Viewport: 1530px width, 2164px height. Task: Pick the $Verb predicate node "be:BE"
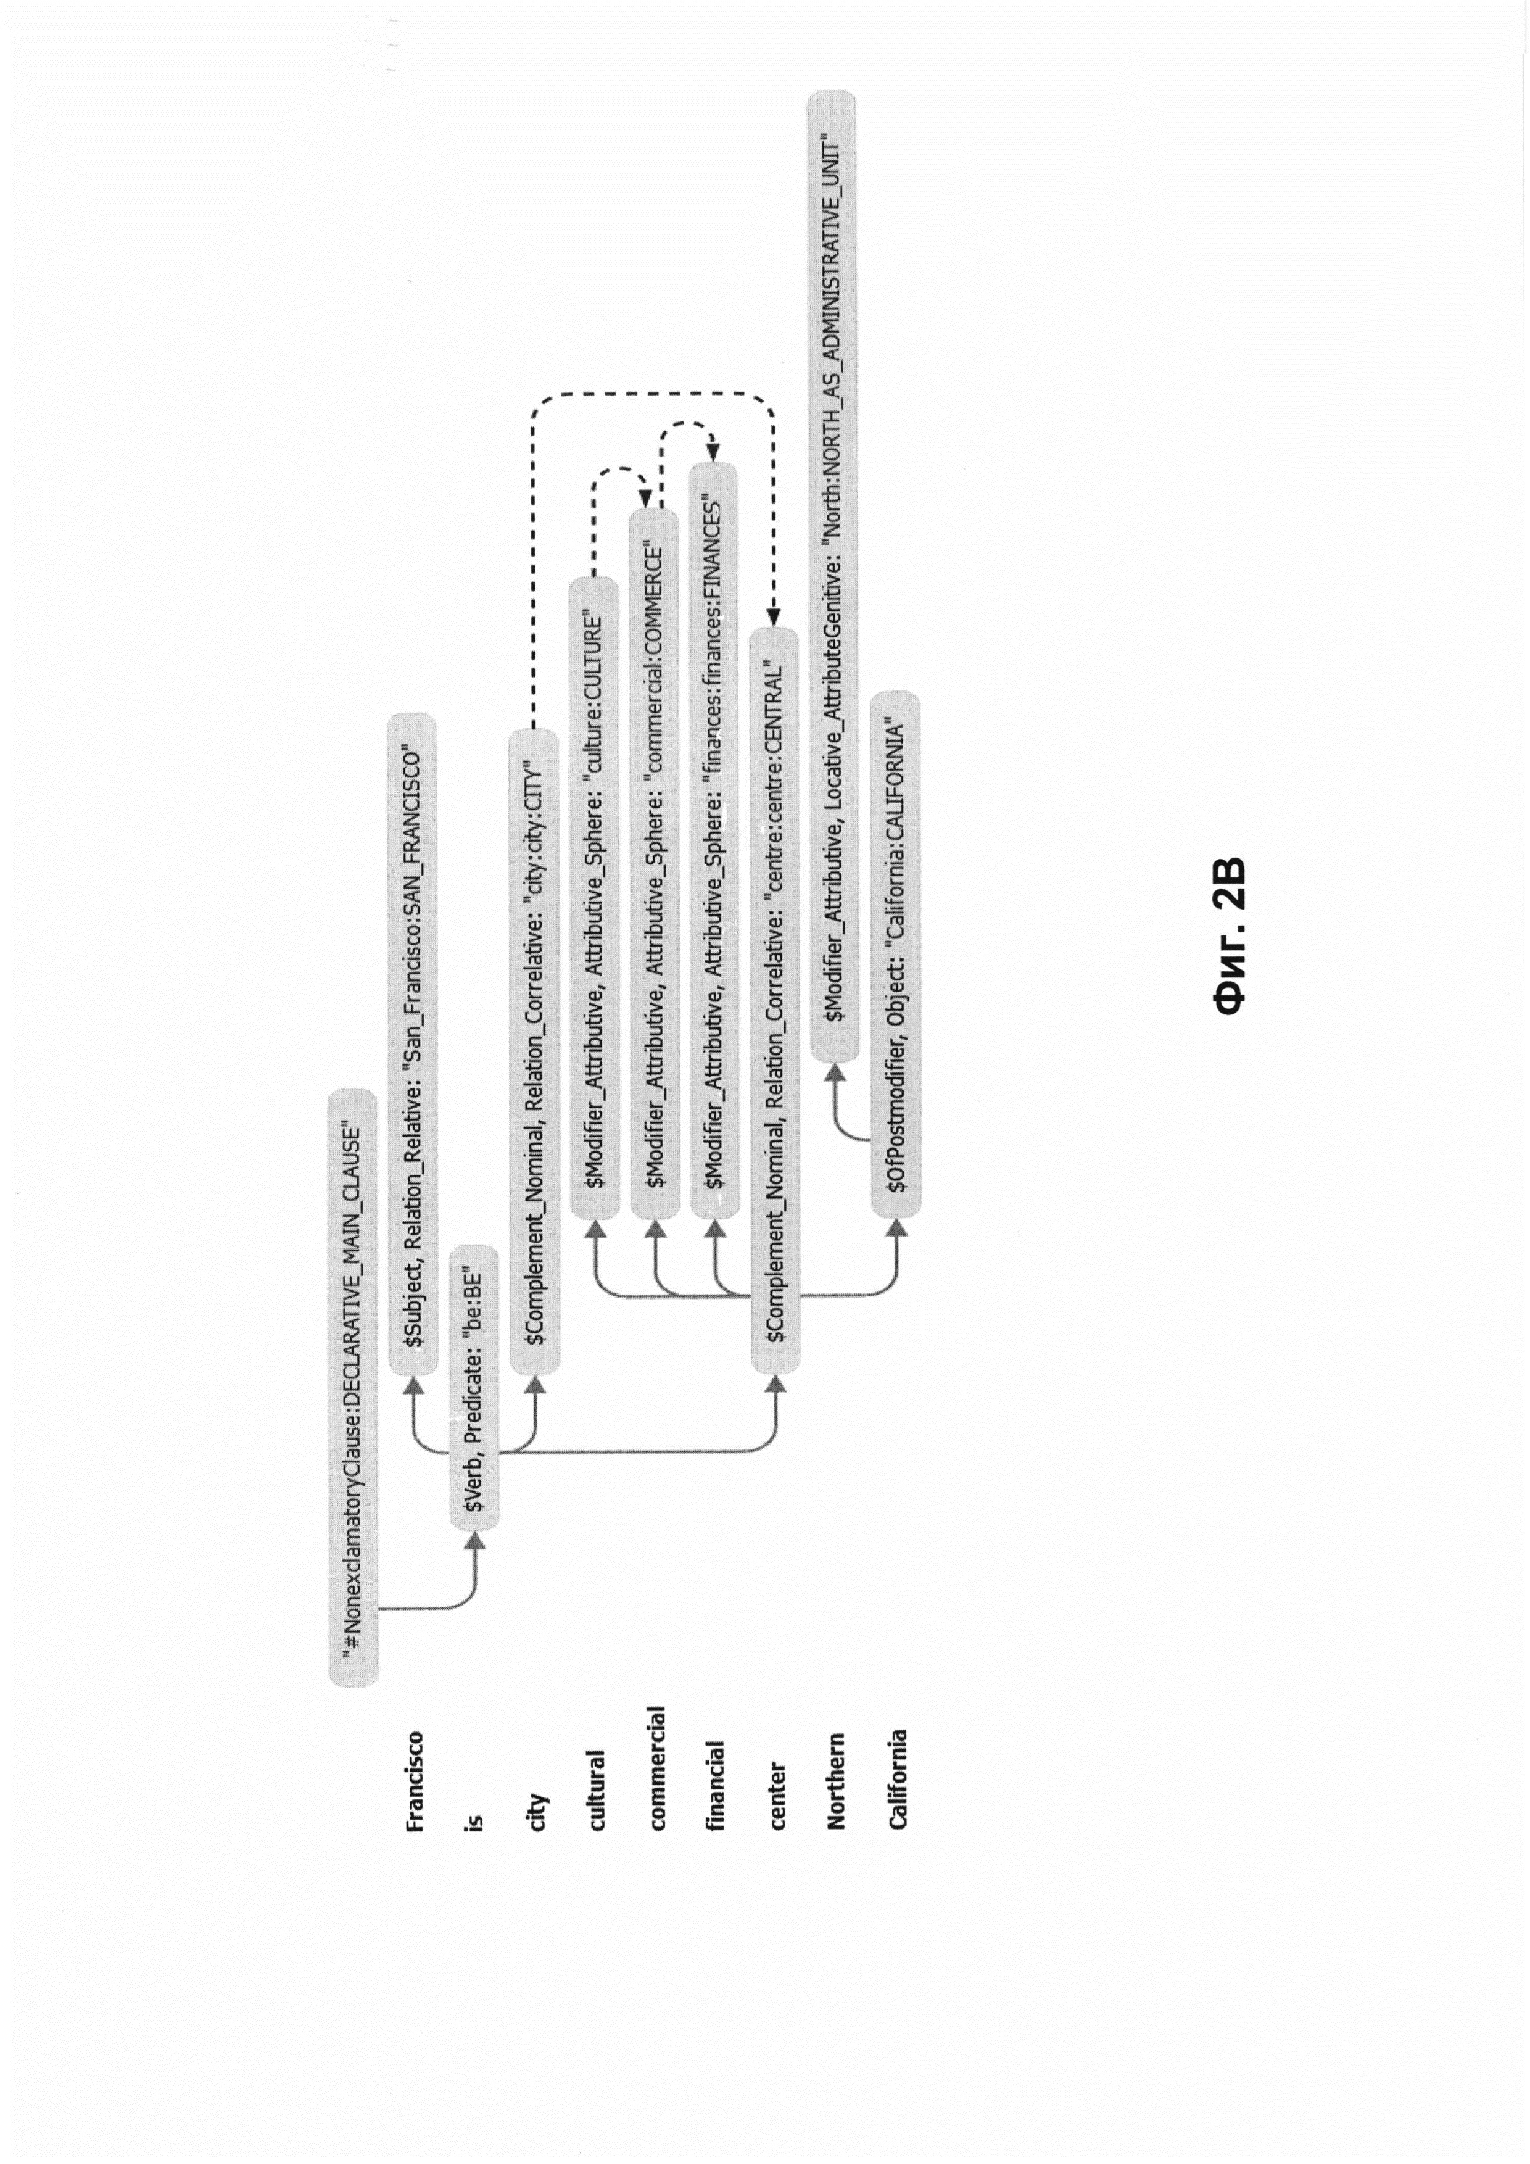(474, 1385)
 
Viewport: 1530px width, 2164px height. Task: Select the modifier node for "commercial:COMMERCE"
(654, 863)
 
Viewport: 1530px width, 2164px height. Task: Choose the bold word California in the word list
(897, 1778)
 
